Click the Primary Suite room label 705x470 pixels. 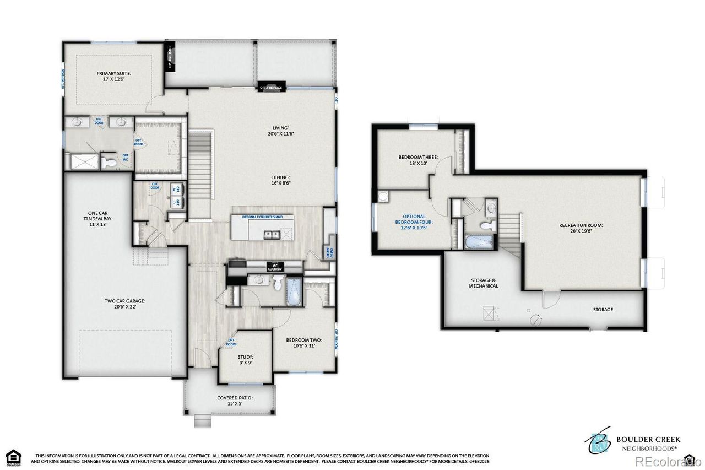click(x=114, y=77)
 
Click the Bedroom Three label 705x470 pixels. click(x=418, y=160)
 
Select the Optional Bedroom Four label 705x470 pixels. click(x=415, y=222)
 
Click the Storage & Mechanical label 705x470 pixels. click(x=484, y=283)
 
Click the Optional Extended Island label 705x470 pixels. click(x=262, y=217)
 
